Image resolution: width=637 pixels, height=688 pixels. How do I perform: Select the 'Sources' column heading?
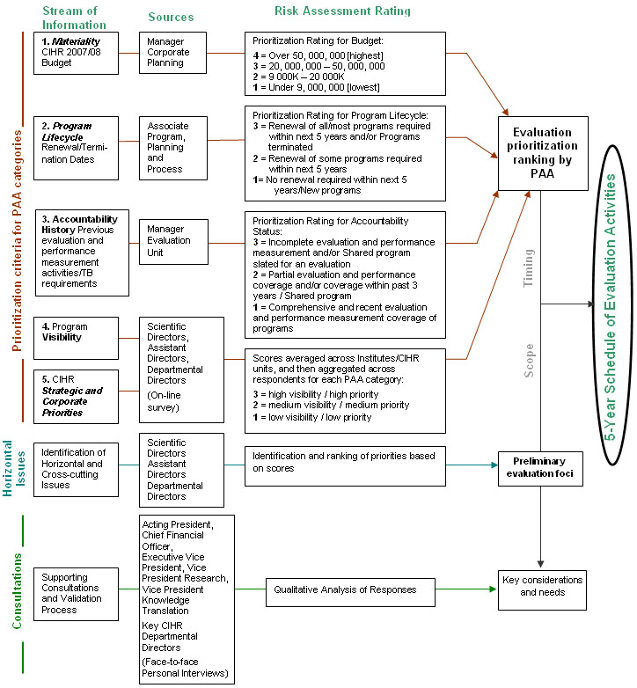tap(171, 17)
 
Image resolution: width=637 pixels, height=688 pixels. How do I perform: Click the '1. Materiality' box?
tap(77, 52)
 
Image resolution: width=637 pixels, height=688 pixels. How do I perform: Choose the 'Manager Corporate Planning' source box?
tap(173, 52)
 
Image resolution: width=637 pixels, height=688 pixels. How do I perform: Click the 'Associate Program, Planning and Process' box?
tap(173, 148)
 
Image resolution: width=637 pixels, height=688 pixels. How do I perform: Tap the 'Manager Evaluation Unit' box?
tap(173, 240)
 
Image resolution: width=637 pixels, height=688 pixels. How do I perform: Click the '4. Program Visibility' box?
tap(77, 338)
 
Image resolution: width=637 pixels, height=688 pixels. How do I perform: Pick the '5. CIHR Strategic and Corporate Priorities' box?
tap(77, 394)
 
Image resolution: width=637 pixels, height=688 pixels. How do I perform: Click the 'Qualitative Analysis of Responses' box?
tap(351, 589)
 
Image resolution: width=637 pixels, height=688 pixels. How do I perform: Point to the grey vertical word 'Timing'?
tap(529, 268)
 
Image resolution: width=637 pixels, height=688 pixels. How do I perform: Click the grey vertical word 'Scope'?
tap(529, 360)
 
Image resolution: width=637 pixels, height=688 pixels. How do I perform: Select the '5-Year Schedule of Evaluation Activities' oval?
tap(609, 300)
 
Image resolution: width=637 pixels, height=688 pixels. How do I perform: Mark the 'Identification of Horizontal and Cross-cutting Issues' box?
tap(77, 469)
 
